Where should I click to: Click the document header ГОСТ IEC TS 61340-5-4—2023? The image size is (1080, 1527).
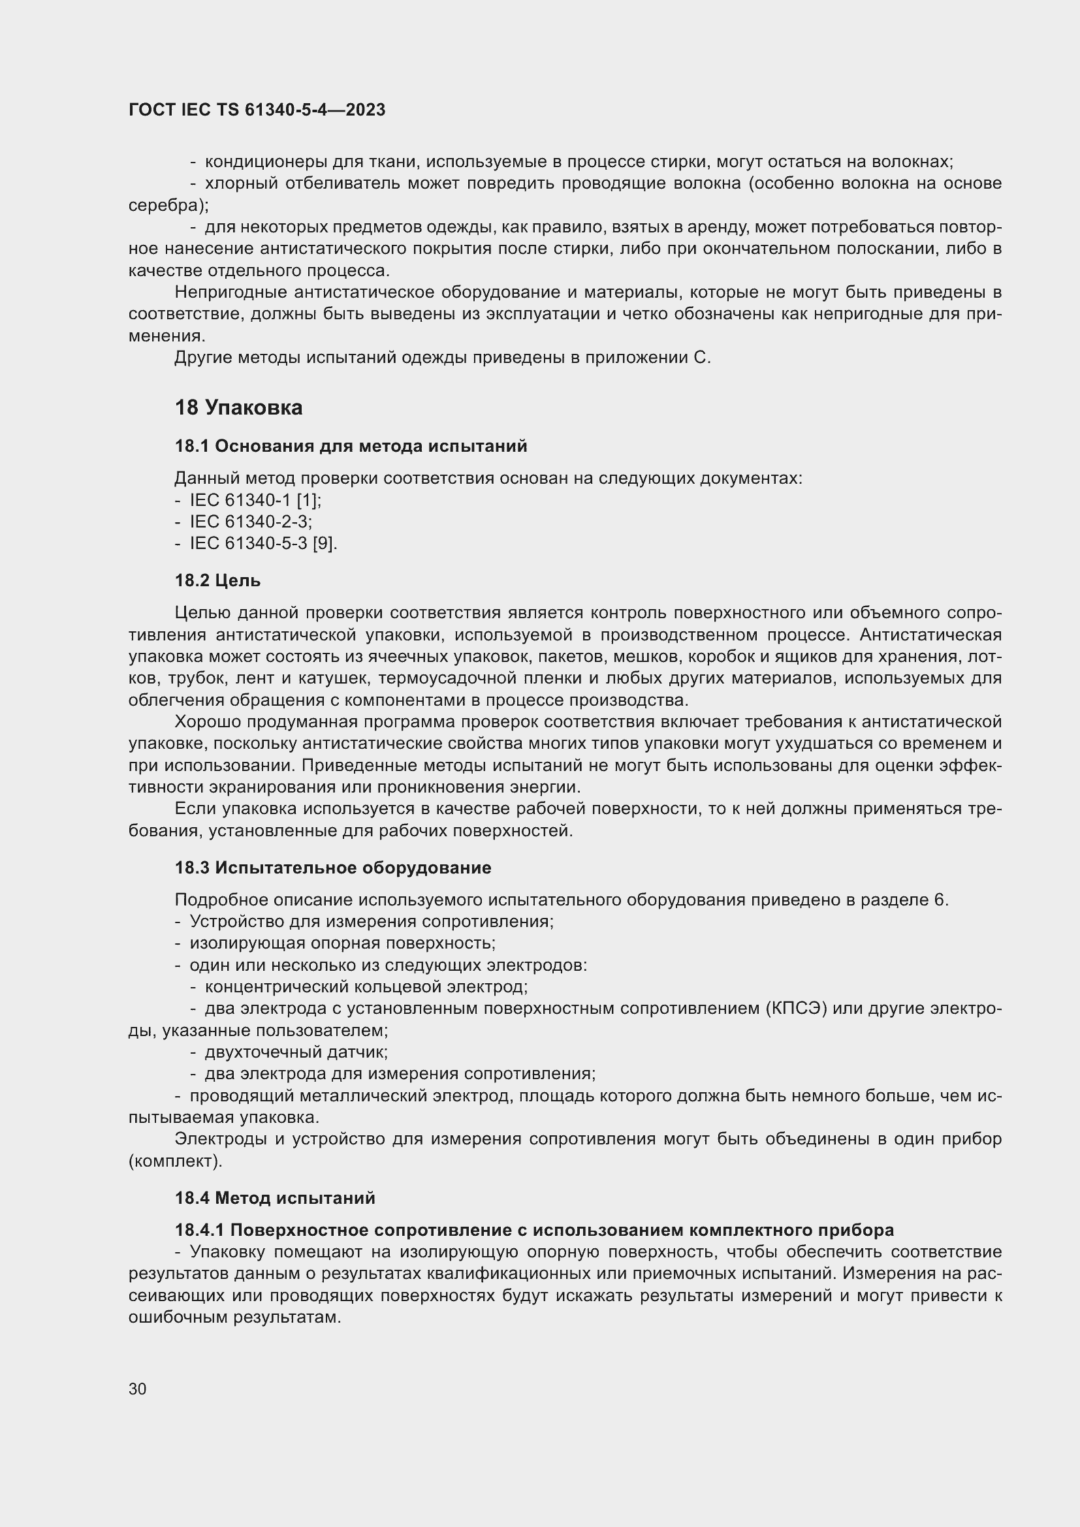pos(257,110)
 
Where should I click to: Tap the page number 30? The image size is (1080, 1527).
pos(138,1389)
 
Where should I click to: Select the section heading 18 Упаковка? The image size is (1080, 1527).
pos(238,407)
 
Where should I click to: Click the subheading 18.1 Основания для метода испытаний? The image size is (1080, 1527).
pos(351,447)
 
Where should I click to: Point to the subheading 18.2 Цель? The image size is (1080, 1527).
pos(217,580)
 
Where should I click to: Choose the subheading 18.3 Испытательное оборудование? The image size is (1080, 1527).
pos(332,868)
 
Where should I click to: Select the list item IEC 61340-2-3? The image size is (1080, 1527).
pos(251,522)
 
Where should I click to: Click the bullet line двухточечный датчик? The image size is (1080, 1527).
pos(296,1052)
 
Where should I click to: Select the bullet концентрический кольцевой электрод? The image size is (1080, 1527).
pos(366,987)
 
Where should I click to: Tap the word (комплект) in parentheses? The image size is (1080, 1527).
pos(175,1161)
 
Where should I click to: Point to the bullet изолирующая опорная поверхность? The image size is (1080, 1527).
pos(341,943)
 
